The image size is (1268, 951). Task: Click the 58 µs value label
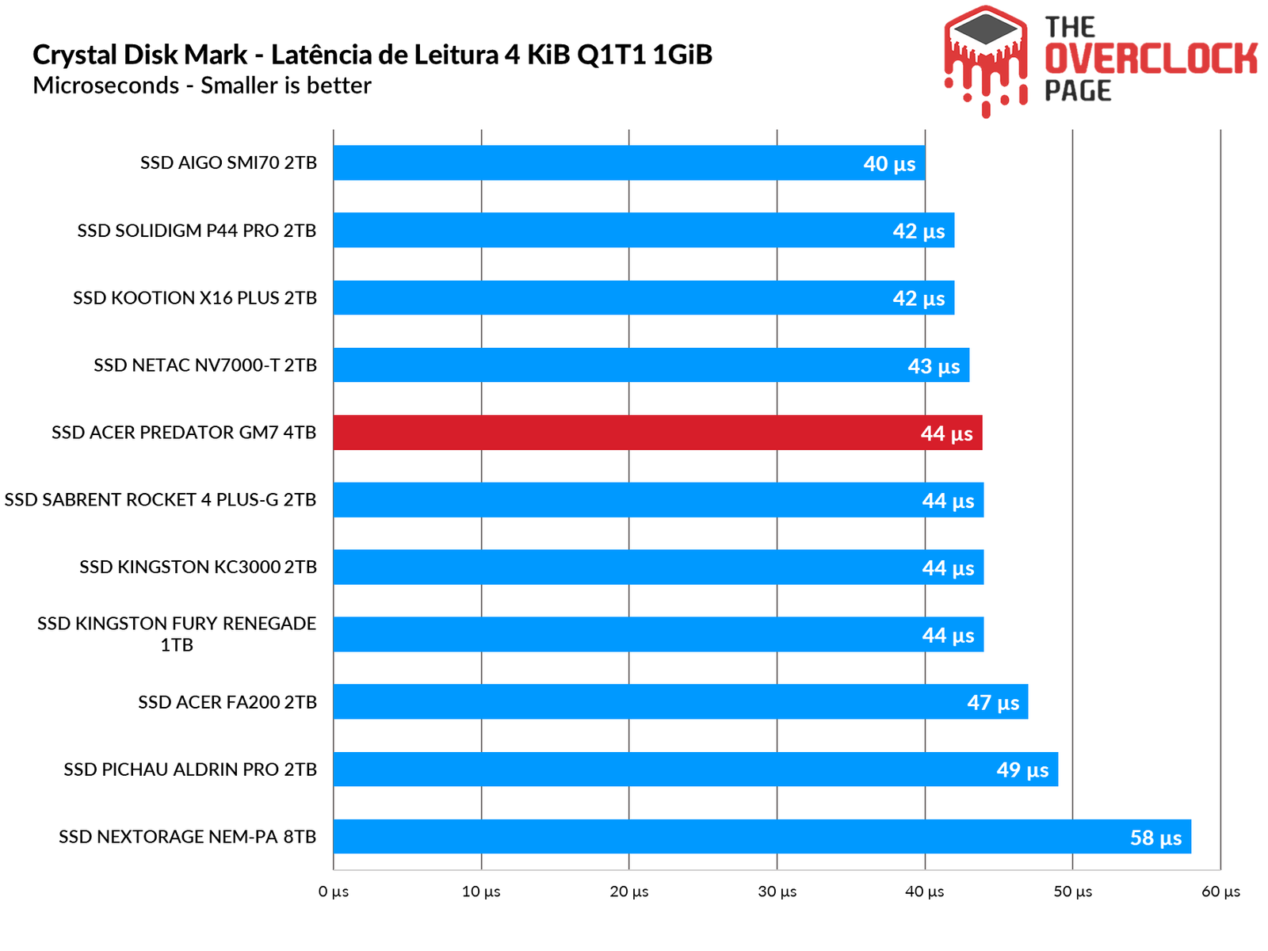[1155, 838]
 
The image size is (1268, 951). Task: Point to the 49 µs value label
[1022, 770]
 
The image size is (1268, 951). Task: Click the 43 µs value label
[934, 366]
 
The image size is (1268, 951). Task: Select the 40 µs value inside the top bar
[889, 164]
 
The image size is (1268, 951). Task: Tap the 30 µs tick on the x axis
[777, 892]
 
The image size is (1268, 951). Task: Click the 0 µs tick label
[334, 892]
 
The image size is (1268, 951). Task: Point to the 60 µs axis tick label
[1220, 892]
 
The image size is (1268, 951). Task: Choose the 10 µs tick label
[481, 892]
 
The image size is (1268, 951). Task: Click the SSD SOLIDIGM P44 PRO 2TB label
[197, 231]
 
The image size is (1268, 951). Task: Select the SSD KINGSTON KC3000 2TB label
[198, 567]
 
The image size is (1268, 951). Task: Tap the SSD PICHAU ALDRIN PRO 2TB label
[190, 770]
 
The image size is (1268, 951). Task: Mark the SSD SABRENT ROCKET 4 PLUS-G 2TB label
[160, 500]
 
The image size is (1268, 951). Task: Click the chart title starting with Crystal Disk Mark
[372, 55]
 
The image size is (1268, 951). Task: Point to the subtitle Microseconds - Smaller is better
[202, 86]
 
